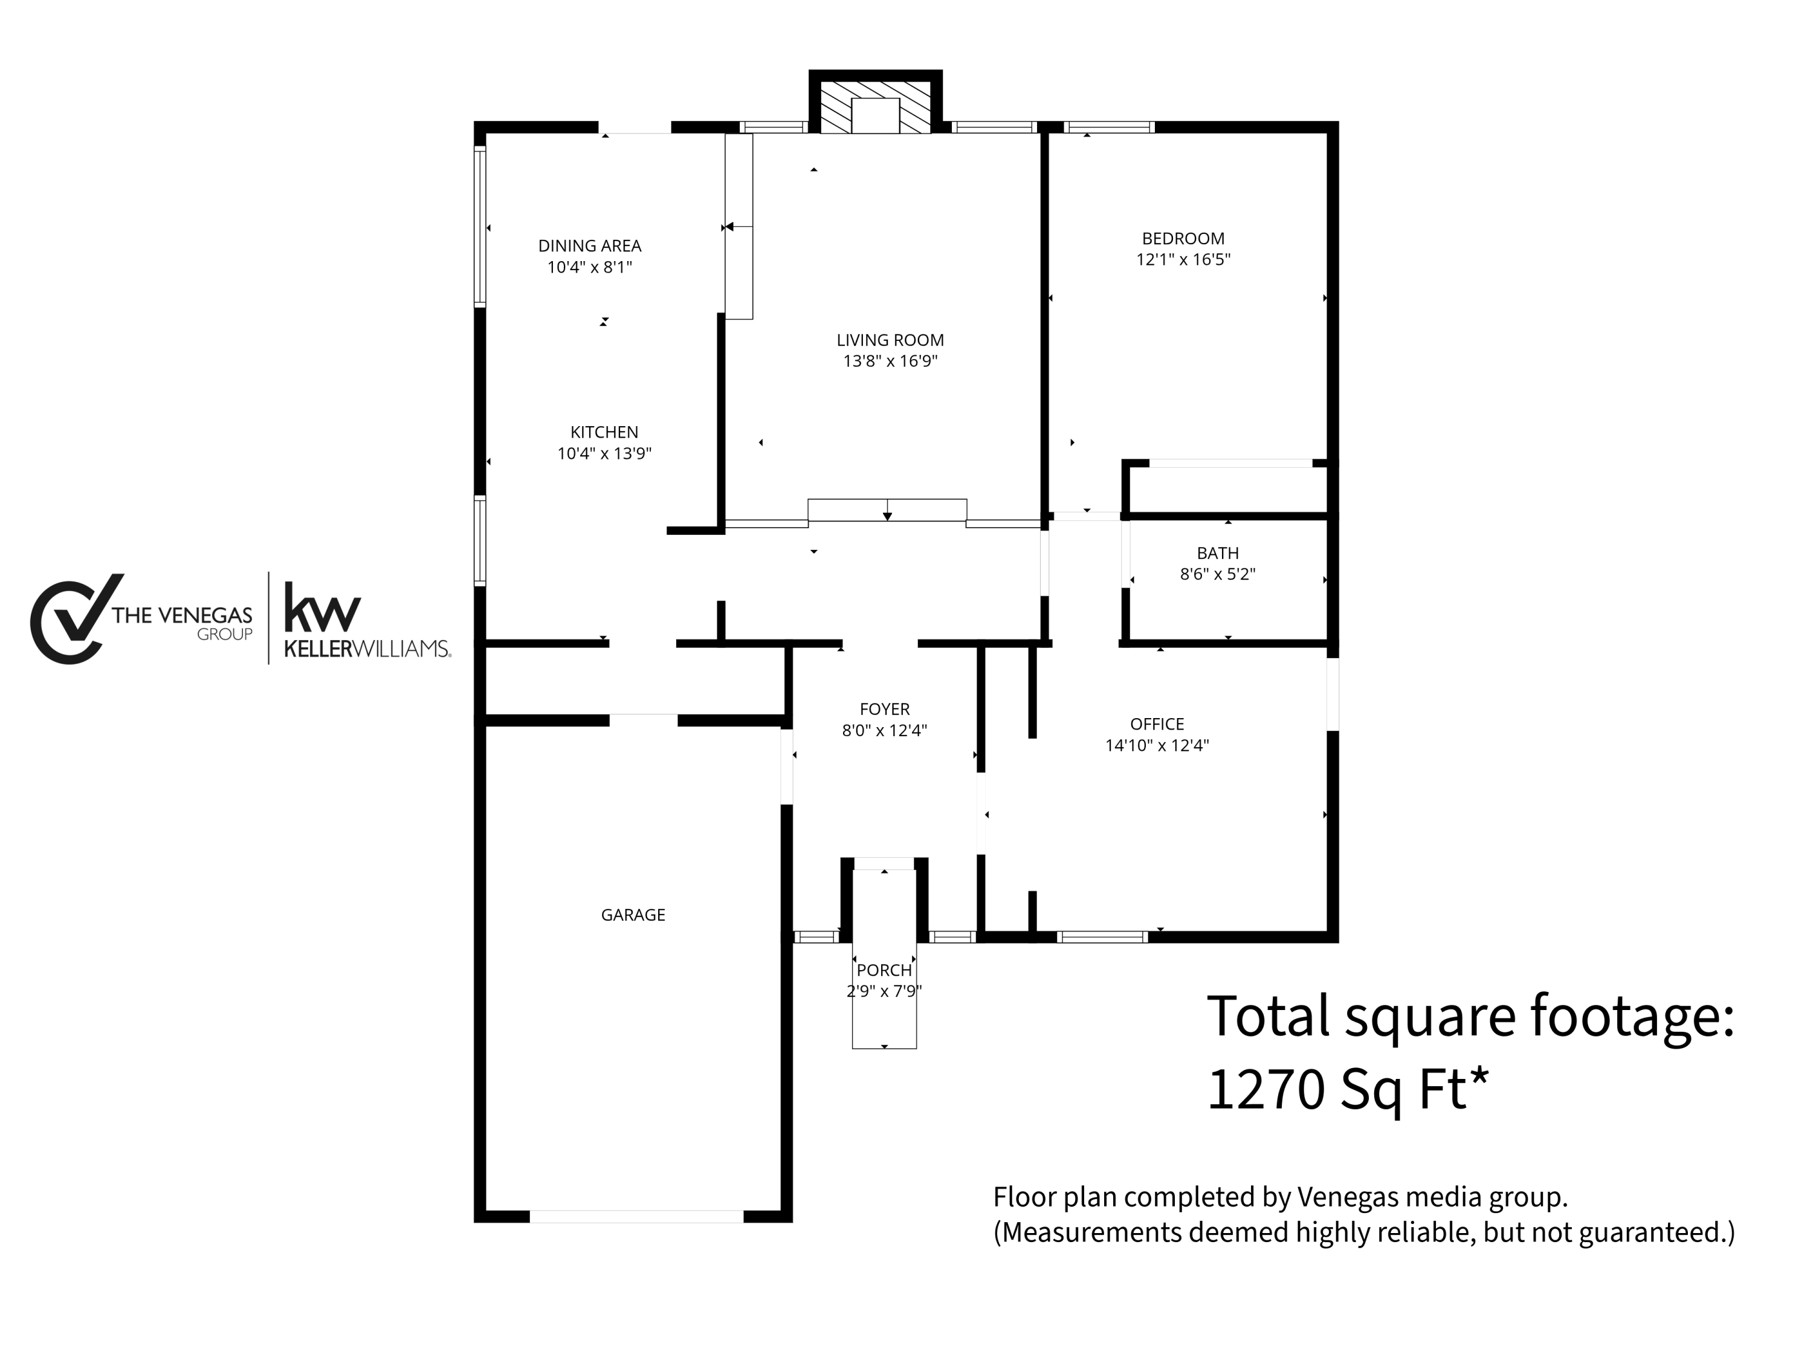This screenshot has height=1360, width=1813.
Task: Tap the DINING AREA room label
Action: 589,246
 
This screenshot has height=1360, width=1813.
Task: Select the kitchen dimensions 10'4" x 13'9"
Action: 604,453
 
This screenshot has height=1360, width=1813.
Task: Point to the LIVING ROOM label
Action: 890,340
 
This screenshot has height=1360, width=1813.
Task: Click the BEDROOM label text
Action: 1183,239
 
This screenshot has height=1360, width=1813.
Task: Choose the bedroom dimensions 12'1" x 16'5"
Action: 1183,260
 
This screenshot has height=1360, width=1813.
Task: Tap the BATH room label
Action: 1217,553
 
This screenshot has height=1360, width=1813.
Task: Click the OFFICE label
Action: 1157,724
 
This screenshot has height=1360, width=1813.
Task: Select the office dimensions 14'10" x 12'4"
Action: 1157,745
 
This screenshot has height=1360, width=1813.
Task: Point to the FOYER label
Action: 884,709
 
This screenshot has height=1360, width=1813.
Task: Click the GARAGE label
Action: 633,915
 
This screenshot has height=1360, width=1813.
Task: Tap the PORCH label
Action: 884,971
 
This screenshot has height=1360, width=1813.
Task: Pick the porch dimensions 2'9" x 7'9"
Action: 884,991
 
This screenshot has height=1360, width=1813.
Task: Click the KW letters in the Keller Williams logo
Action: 322,607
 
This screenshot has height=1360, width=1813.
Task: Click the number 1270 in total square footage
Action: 1265,1090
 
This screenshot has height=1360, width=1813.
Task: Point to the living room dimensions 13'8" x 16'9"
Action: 890,361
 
